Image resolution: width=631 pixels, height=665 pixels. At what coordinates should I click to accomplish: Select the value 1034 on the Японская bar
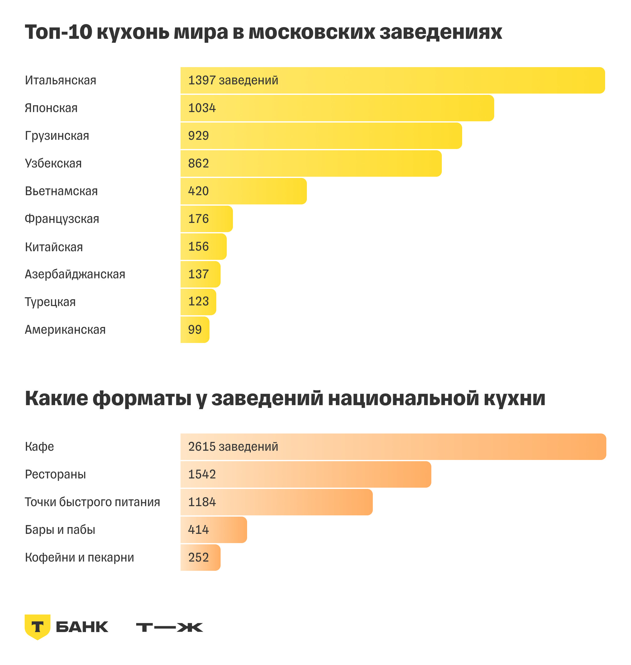coord(202,108)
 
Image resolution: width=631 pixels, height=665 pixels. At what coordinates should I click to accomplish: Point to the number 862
coord(198,164)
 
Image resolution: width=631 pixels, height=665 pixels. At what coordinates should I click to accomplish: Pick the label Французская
coord(62,219)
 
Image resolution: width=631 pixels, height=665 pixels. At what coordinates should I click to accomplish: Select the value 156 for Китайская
coord(198,247)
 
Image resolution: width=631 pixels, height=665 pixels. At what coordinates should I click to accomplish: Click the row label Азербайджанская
coord(75,274)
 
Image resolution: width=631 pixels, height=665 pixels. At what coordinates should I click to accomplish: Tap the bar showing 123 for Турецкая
coord(198,302)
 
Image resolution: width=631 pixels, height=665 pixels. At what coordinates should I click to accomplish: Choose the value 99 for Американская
coord(195,330)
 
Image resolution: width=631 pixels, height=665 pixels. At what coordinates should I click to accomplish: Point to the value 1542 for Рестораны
coord(202,474)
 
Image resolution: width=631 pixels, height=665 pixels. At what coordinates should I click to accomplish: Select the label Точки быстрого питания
coord(92,502)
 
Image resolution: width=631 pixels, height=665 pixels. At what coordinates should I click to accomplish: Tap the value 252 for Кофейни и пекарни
coord(198,558)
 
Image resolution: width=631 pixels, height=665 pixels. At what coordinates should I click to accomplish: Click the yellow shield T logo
coord(37,627)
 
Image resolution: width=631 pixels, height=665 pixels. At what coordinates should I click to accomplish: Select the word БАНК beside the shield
coord(82,627)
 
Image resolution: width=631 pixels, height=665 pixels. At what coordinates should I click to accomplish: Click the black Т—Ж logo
coord(169,627)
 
